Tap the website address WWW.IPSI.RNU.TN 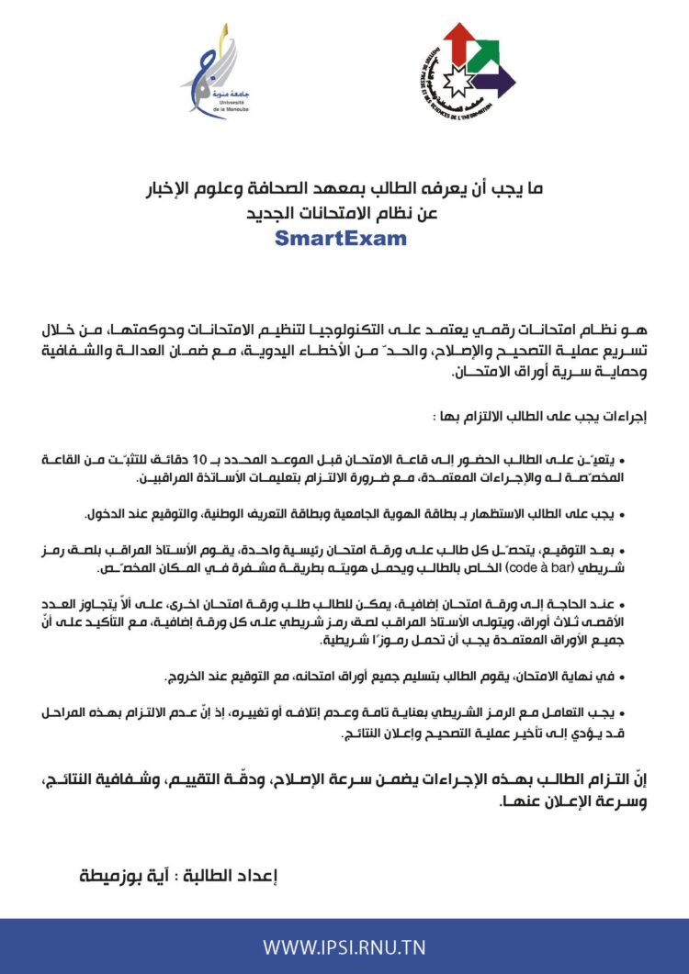tap(344, 946)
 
